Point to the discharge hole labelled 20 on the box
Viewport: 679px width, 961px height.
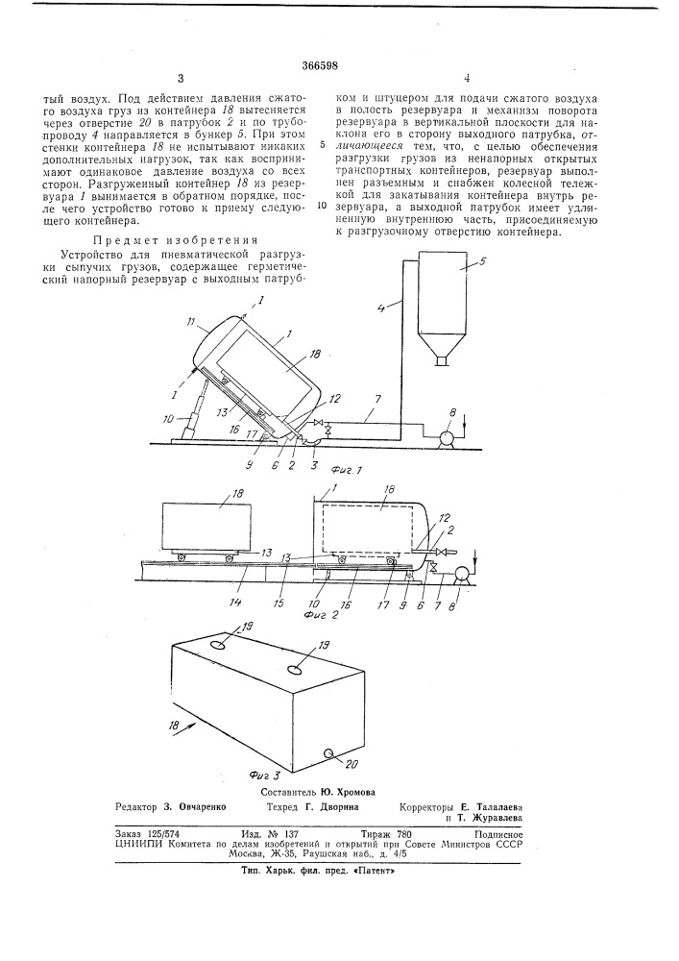click(x=329, y=752)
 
